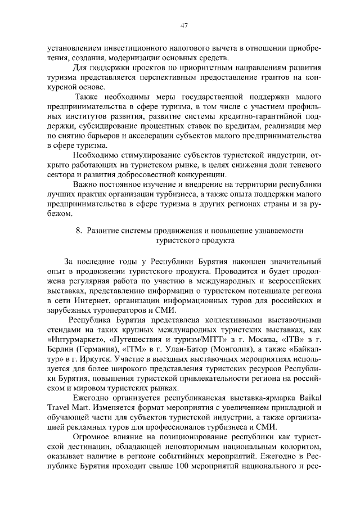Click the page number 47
[x=183, y=25]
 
